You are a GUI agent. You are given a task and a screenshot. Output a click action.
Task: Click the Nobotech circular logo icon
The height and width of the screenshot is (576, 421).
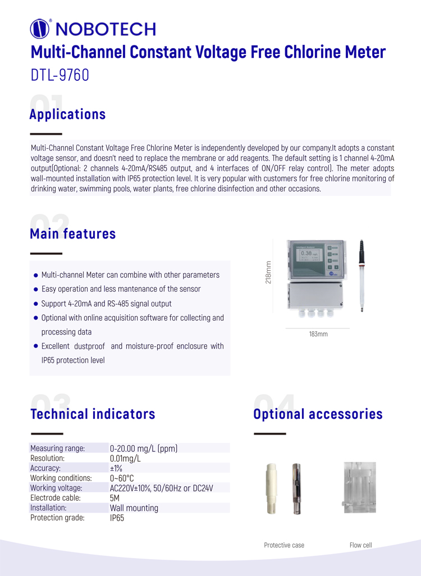(x=40, y=28)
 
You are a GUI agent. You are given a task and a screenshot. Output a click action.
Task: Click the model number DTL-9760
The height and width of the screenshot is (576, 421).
(x=60, y=75)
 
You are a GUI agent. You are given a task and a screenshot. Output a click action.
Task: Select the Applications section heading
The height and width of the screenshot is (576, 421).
(x=67, y=115)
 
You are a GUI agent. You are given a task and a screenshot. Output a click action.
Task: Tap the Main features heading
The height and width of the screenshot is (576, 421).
(x=72, y=234)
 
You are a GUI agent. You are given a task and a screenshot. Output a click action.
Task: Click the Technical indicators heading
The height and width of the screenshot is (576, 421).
(x=92, y=414)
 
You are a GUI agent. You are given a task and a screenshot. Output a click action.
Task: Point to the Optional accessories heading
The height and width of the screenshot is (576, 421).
(x=318, y=414)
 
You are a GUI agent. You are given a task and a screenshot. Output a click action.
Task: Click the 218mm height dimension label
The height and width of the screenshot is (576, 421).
(x=268, y=272)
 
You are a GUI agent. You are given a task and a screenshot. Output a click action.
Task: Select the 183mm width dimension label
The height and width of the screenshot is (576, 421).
(x=318, y=334)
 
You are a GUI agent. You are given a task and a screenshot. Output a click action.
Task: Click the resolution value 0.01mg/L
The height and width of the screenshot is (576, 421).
(x=125, y=458)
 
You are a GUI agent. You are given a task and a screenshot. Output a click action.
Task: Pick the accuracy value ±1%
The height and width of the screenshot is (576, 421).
(x=116, y=468)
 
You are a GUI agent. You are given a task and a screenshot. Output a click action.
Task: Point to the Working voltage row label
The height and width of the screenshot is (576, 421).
(x=56, y=488)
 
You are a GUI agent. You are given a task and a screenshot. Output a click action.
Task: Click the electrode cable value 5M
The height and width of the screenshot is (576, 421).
(x=115, y=498)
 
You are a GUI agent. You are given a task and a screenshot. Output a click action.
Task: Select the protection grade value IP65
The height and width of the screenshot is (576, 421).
(x=117, y=518)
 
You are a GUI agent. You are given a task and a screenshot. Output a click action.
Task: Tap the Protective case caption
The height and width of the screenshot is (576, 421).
(x=284, y=545)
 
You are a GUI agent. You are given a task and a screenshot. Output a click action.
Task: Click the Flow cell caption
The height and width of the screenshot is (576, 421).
(x=360, y=545)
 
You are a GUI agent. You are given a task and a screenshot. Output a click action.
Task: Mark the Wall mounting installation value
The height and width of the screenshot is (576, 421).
(x=134, y=508)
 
